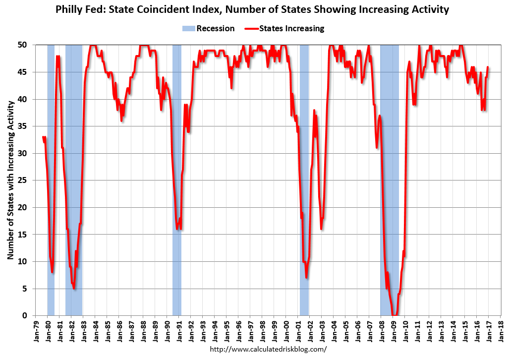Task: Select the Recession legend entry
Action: (x=209, y=29)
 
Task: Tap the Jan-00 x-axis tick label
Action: (x=286, y=330)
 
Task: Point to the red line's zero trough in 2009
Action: (x=394, y=315)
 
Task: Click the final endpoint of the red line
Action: (x=488, y=67)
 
